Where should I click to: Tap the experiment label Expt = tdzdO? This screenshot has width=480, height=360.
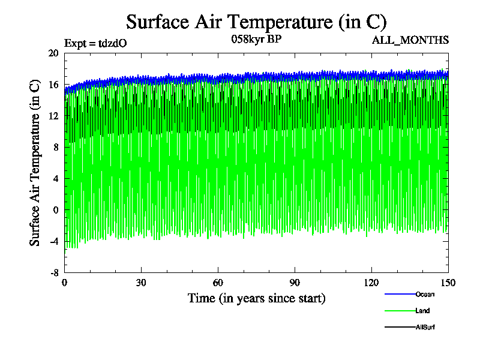coord(95,43)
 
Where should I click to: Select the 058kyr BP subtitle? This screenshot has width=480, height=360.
coord(256,40)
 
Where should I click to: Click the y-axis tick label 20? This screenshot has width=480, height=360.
coord(53,53)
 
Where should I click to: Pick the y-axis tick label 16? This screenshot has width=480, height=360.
coord(53,85)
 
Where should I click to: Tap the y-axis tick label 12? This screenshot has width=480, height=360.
coord(53,116)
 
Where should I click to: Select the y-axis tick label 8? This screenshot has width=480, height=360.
coord(55,147)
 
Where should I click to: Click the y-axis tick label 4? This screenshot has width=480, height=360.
coord(55,178)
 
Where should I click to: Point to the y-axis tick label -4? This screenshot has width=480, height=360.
coord(53,241)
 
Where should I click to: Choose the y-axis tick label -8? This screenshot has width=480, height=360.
coord(53,272)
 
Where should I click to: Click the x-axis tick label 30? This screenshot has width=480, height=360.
coord(141,283)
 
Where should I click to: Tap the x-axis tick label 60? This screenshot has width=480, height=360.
coord(218,283)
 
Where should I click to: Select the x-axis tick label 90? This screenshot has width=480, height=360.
coord(295,283)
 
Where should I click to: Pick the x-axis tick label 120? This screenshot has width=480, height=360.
coord(371,283)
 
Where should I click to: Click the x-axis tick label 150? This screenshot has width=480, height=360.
coord(448,283)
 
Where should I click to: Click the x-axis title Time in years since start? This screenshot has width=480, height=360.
coord(256,298)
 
